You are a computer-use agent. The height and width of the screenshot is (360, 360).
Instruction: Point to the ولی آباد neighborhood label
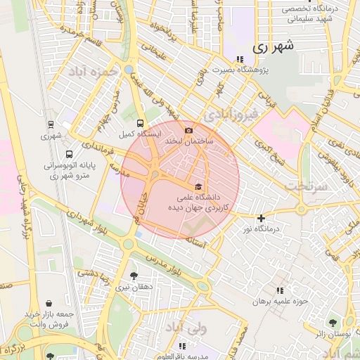click(186, 328)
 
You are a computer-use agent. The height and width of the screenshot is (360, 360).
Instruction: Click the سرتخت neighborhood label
click(307, 185)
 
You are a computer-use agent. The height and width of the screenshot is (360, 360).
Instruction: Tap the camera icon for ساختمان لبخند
click(188, 130)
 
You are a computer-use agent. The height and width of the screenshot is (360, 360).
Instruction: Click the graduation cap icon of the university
click(198, 186)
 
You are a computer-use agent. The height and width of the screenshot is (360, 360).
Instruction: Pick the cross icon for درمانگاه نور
click(261, 218)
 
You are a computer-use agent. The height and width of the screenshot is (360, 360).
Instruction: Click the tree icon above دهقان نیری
click(134, 276)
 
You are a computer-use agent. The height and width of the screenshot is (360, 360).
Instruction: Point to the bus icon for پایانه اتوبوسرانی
click(68, 154)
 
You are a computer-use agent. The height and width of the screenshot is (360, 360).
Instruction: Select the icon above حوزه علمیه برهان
click(280, 290)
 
